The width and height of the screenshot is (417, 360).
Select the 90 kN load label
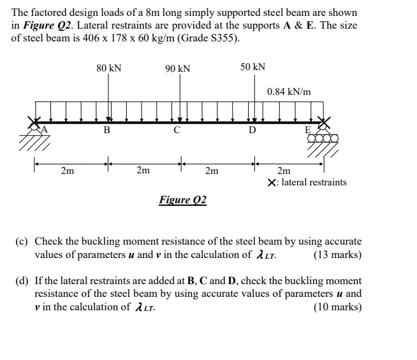tap(177, 68)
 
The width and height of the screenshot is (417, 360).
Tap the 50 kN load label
tap(253, 67)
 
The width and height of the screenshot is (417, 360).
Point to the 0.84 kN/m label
tap(289, 92)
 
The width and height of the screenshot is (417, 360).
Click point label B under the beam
tap(106, 131)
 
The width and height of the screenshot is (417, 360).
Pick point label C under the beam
tap(177, 131)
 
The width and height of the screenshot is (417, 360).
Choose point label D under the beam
tap(252, 131)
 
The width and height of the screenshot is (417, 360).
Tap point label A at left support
tap(45, 129)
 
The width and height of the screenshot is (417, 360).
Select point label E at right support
tap(309, 130)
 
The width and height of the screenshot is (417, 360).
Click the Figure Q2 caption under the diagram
tap(183, 200)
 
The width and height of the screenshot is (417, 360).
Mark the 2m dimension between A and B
tap(67, 170)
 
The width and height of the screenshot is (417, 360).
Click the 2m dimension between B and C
tap(143, 170)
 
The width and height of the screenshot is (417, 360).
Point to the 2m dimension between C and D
tap(212, 170)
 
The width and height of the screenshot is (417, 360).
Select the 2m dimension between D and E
tap(284, 170)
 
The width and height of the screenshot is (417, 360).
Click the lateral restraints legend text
tap(308, 182)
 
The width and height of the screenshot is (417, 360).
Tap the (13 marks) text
tap(338, 255)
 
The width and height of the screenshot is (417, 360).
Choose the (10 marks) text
tap(338, 307)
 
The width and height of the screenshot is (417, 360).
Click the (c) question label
tap(22, 241)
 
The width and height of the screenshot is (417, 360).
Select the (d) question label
tap(22, 281)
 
